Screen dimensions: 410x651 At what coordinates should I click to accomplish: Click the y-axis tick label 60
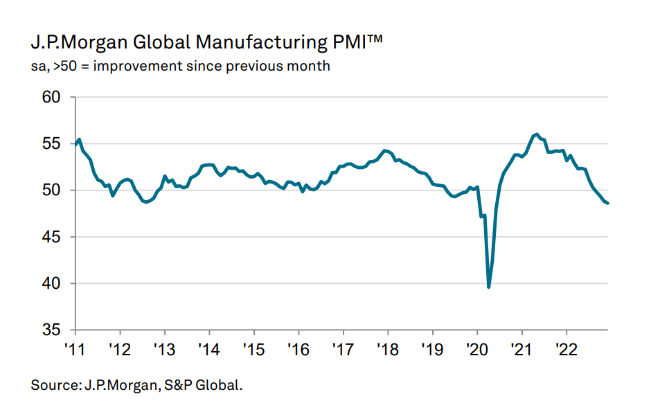point(53,98)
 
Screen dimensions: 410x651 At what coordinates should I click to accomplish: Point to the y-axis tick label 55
point(53,144)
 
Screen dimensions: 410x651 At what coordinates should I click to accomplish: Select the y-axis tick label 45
point(53,237)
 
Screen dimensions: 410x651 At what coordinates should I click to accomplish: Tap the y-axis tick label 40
point(53,283)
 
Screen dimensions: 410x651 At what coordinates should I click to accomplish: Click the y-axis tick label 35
point(53,330)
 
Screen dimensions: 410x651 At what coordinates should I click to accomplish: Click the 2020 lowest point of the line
point(489,287)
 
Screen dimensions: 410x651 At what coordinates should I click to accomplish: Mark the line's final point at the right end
point(608,203)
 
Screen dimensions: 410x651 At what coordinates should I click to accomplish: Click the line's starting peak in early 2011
point(80,139)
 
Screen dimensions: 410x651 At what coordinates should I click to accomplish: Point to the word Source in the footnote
point(53,384)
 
